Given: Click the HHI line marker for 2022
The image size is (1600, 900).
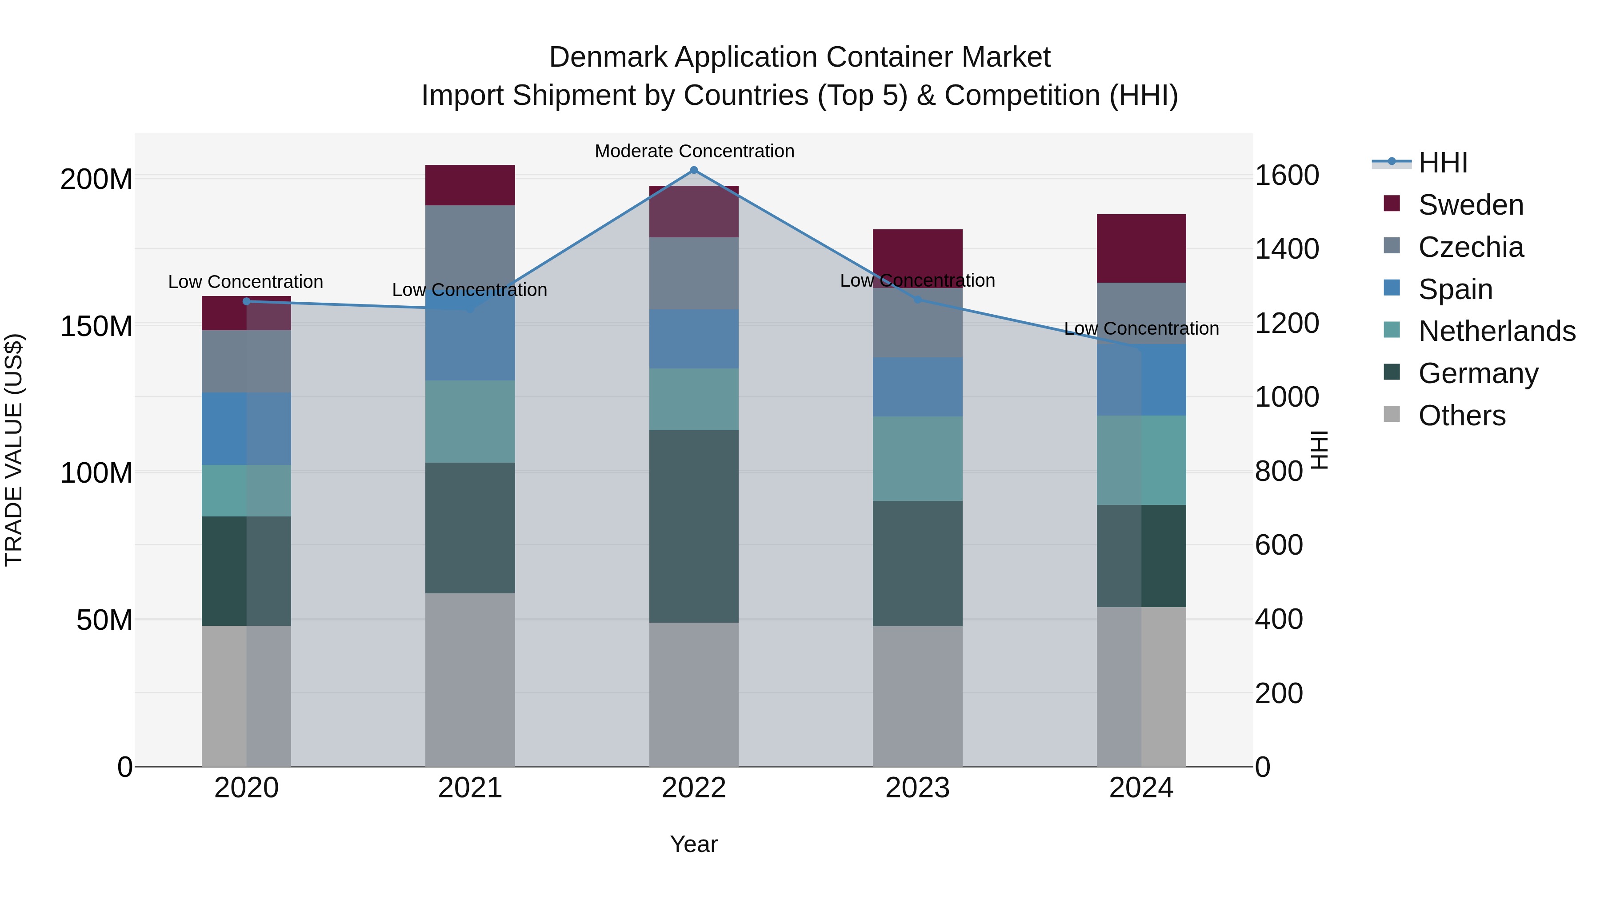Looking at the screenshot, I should tap(694, 170).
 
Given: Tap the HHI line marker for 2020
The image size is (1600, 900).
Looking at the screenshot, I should tap(247, 301).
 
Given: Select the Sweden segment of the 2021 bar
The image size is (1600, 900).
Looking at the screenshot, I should tap(470, 185).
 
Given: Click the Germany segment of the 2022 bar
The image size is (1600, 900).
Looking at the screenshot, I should tap(694, 526).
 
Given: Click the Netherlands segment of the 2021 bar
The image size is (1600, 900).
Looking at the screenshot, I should tap(470, 421).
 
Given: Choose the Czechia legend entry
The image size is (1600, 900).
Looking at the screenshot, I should tap(1470, 247).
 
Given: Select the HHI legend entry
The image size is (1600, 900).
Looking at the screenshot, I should tap(1442, 163).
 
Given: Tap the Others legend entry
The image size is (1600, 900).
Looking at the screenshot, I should tap(1461, 416).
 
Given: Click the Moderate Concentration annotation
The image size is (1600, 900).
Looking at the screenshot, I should tap(694, 151).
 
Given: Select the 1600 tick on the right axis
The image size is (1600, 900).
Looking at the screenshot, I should tap(1286, 175).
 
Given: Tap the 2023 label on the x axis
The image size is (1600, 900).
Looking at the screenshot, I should tap(917, 788).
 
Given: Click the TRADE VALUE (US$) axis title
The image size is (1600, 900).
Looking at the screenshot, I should tap(14, 450).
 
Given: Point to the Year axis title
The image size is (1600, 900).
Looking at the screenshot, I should tap(694, 844).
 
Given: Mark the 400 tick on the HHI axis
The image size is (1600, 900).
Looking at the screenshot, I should tap(1278, 619).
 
